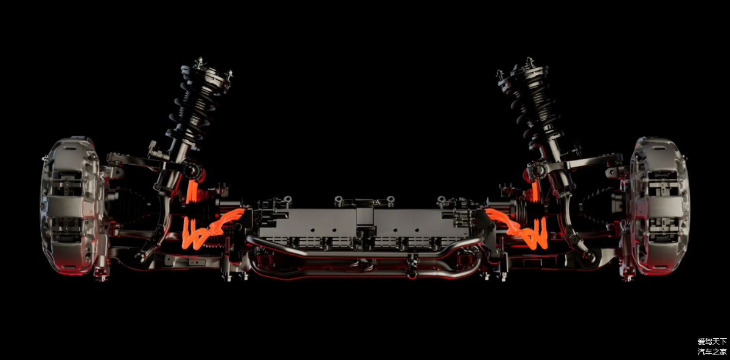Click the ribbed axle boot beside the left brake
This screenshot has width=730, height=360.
tap(130, 206)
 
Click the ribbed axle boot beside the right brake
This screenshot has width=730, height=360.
tap(600, 206)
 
